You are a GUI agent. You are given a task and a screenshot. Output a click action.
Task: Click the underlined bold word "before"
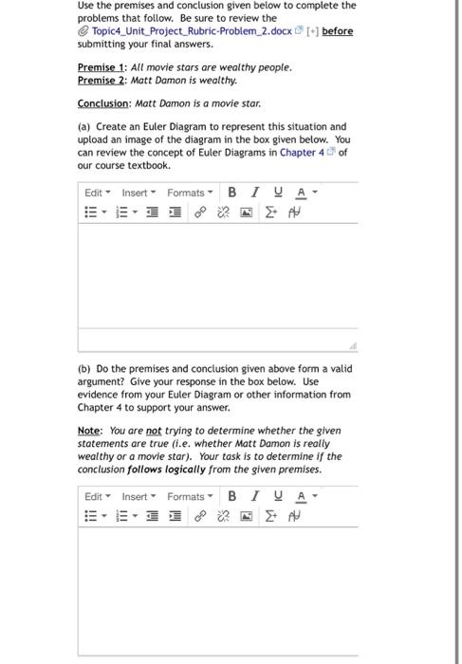pyautogui.click(x=337, y=31)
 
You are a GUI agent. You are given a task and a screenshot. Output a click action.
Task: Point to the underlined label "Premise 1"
pyautogui.click(x=102, y=67)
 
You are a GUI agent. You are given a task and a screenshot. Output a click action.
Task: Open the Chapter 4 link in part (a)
pyautogui.click(x=302, y=152)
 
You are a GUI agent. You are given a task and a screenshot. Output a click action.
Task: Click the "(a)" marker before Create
pyautogui.click(x=84, y=126)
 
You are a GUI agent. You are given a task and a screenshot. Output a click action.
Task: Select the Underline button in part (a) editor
pyautogui.click(x=277, y=193)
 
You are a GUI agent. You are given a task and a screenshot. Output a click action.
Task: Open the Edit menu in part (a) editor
pyautogui.click(x=96, y=193)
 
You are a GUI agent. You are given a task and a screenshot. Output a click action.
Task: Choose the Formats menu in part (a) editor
pyautogui.click(x=189, y=193)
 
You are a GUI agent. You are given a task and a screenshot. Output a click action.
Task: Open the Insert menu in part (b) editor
pyautogui.click(x=139, y=496)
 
